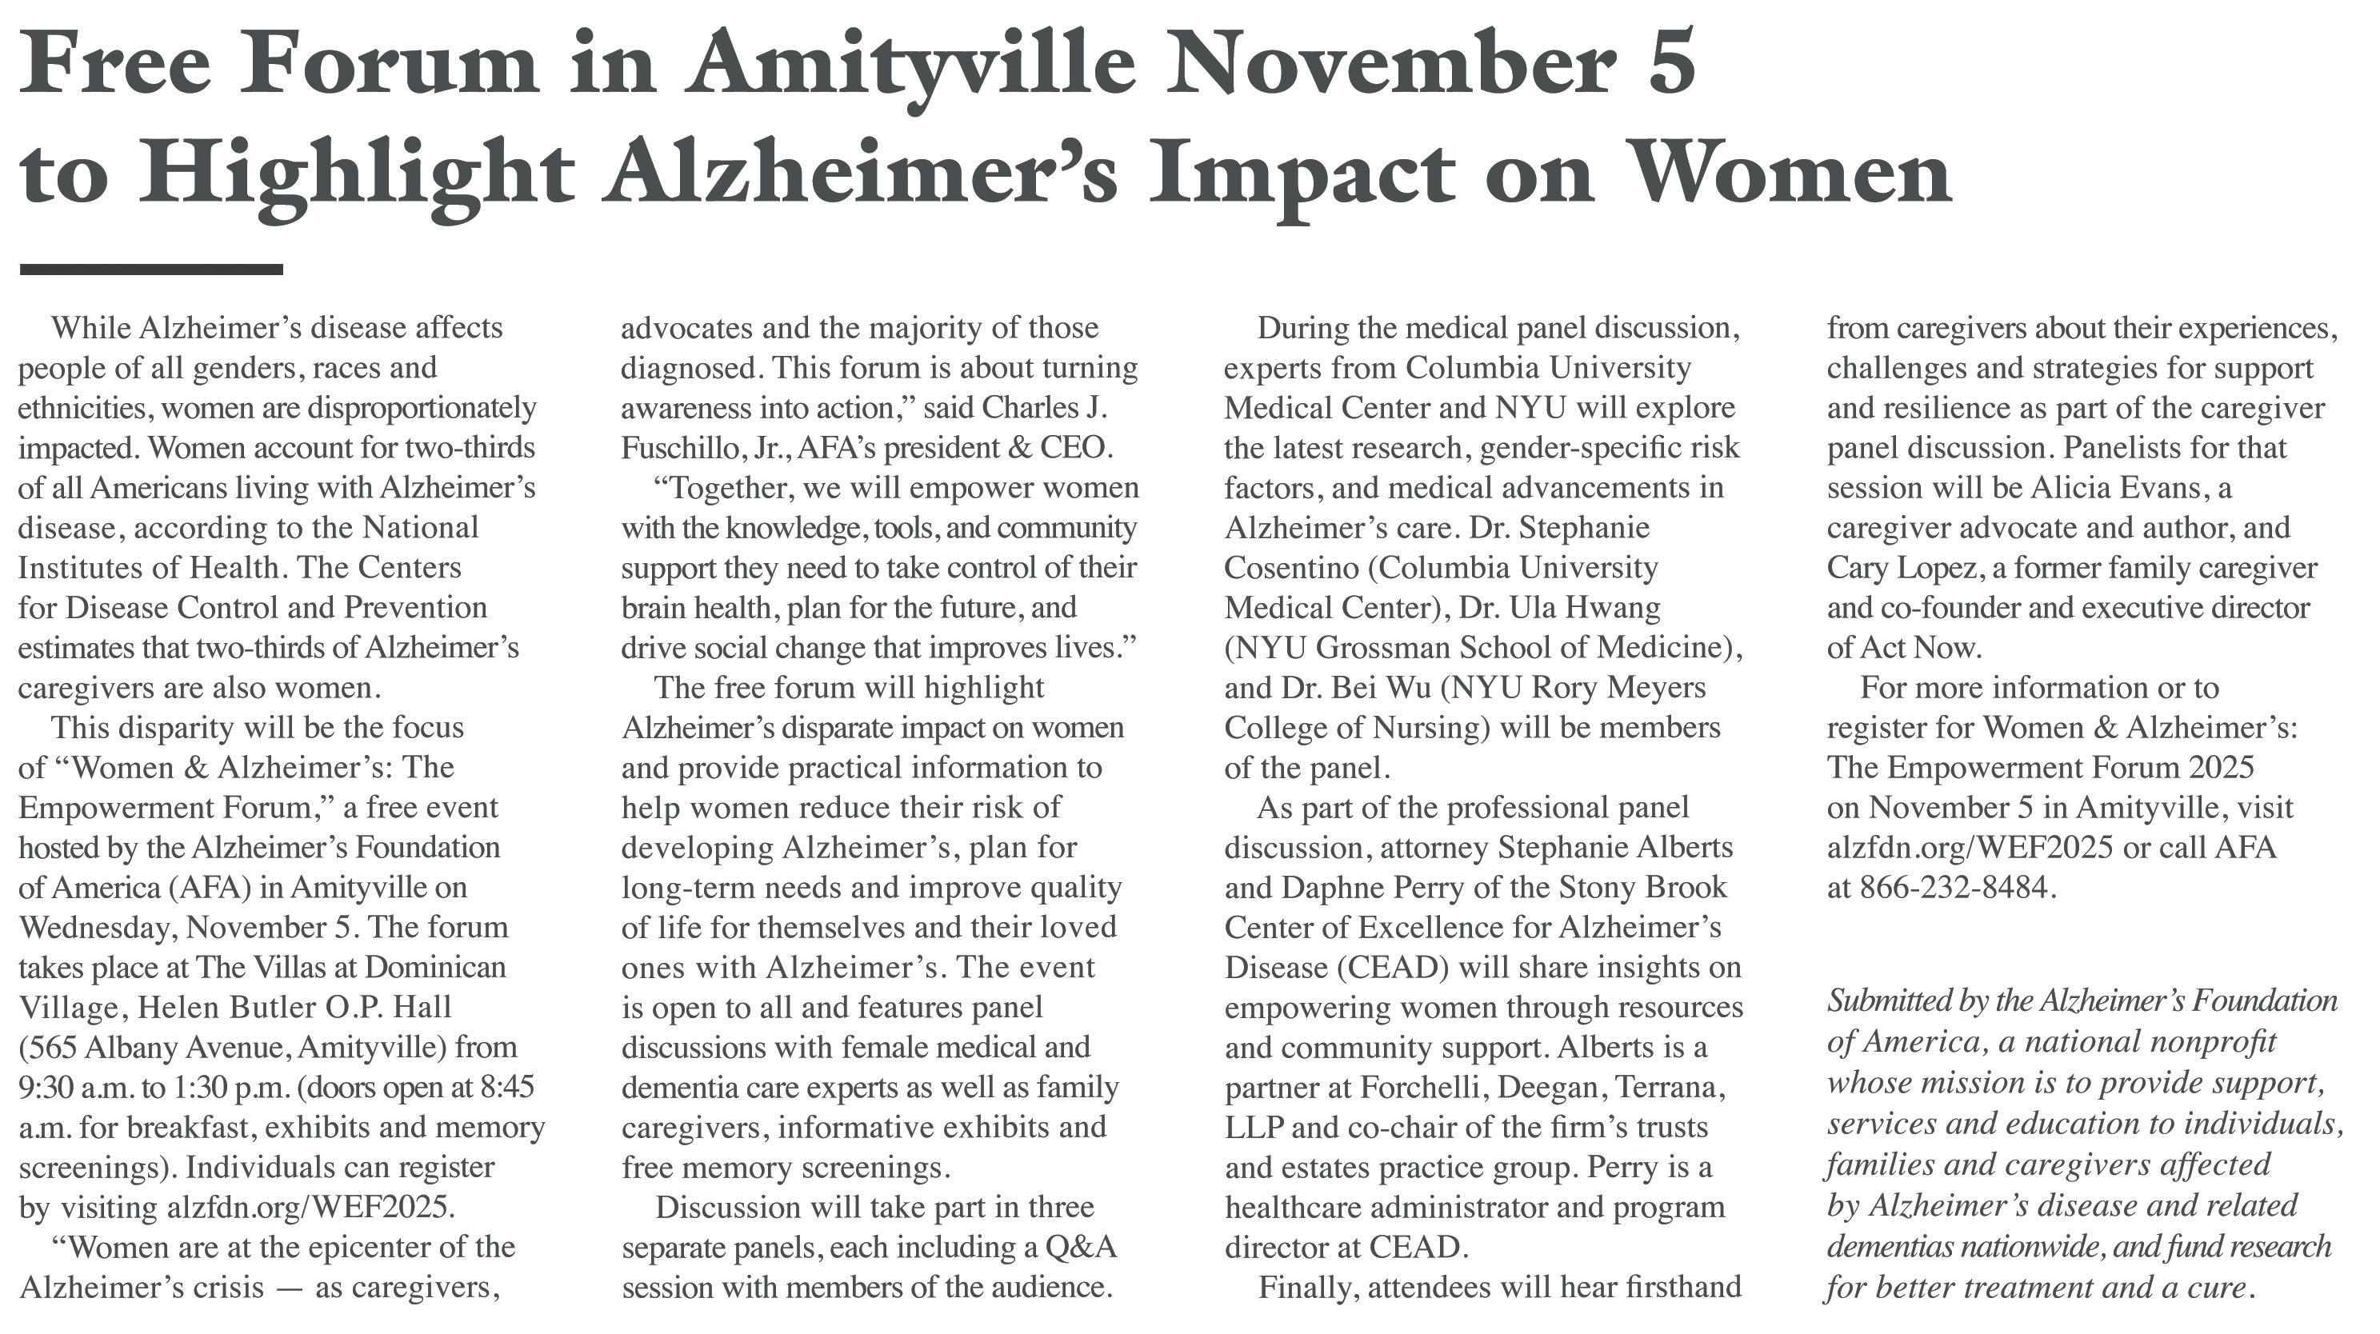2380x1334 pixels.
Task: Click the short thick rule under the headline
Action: pyautogui.click(x=150, y=270)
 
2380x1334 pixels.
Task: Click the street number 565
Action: pyautogui.click(x=56, y=1048)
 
